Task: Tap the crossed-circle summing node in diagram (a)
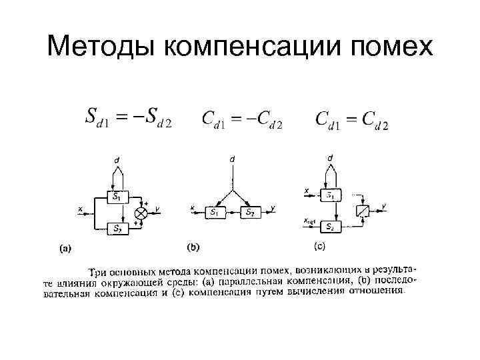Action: click(141, 213)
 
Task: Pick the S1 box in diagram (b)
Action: click(214, 213)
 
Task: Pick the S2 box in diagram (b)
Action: click(249, 213)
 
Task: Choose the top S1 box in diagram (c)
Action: click(331, 195)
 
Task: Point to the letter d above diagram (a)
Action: click(117, 160)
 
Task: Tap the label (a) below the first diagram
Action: click(65, 249)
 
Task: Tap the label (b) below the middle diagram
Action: click(193, 248)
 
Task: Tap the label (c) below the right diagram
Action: click(319, 247)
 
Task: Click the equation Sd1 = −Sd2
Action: click(128, 117)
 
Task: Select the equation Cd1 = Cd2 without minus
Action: click(351, 120)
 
